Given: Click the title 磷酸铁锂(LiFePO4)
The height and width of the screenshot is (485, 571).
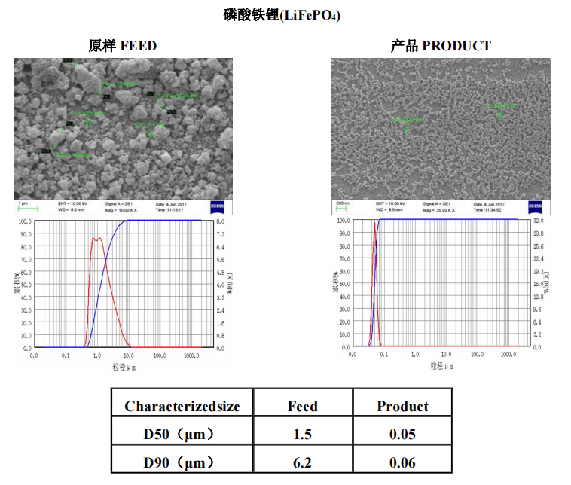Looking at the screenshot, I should tap(285, 14).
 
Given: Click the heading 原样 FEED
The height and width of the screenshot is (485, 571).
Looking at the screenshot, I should tap(123, 46).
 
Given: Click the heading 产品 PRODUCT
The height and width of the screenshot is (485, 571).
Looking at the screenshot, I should tap(440, 46).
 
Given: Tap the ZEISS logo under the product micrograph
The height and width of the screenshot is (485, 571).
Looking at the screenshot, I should tap(535, 206).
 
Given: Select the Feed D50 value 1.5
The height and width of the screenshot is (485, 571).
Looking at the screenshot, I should tap(302, 435).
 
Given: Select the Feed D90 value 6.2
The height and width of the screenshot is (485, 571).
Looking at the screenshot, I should tap(302, 462).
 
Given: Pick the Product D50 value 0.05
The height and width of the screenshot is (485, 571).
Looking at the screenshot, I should tap(402, 435).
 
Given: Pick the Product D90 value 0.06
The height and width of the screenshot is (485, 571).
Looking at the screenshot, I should tap(402, 462).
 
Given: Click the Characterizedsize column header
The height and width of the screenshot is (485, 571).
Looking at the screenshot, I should tap(182, 407).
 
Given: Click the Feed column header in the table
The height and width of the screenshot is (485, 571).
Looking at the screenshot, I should tap(302, 407).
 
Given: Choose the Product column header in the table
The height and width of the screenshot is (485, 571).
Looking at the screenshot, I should tap(402, 407).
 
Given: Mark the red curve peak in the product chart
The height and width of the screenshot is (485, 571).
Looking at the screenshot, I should tap(374, 224).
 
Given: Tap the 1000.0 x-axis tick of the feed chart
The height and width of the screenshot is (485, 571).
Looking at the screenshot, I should tap(190, 355).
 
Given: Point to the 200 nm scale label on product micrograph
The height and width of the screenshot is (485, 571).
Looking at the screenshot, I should tap(344, 203).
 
